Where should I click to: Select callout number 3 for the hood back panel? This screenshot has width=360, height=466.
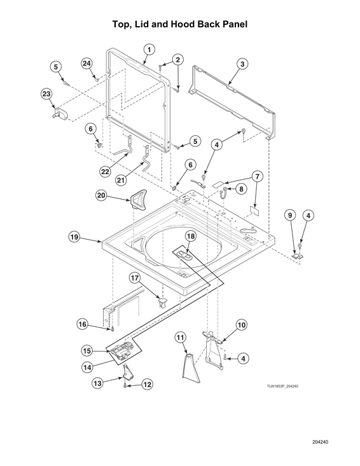tap(242, 63)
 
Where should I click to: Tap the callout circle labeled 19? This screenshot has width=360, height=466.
tap(74, 237)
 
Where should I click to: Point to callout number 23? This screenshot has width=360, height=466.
tap(46, 93)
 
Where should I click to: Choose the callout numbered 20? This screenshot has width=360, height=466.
tap(101, 196)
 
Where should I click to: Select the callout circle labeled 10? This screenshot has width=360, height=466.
tap(242, 325)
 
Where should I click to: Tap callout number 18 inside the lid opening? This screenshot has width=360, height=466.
tap(190, 236)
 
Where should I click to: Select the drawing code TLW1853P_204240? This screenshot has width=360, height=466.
tap(291, 385)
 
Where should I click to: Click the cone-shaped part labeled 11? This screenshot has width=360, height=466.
tap(190, 364)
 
